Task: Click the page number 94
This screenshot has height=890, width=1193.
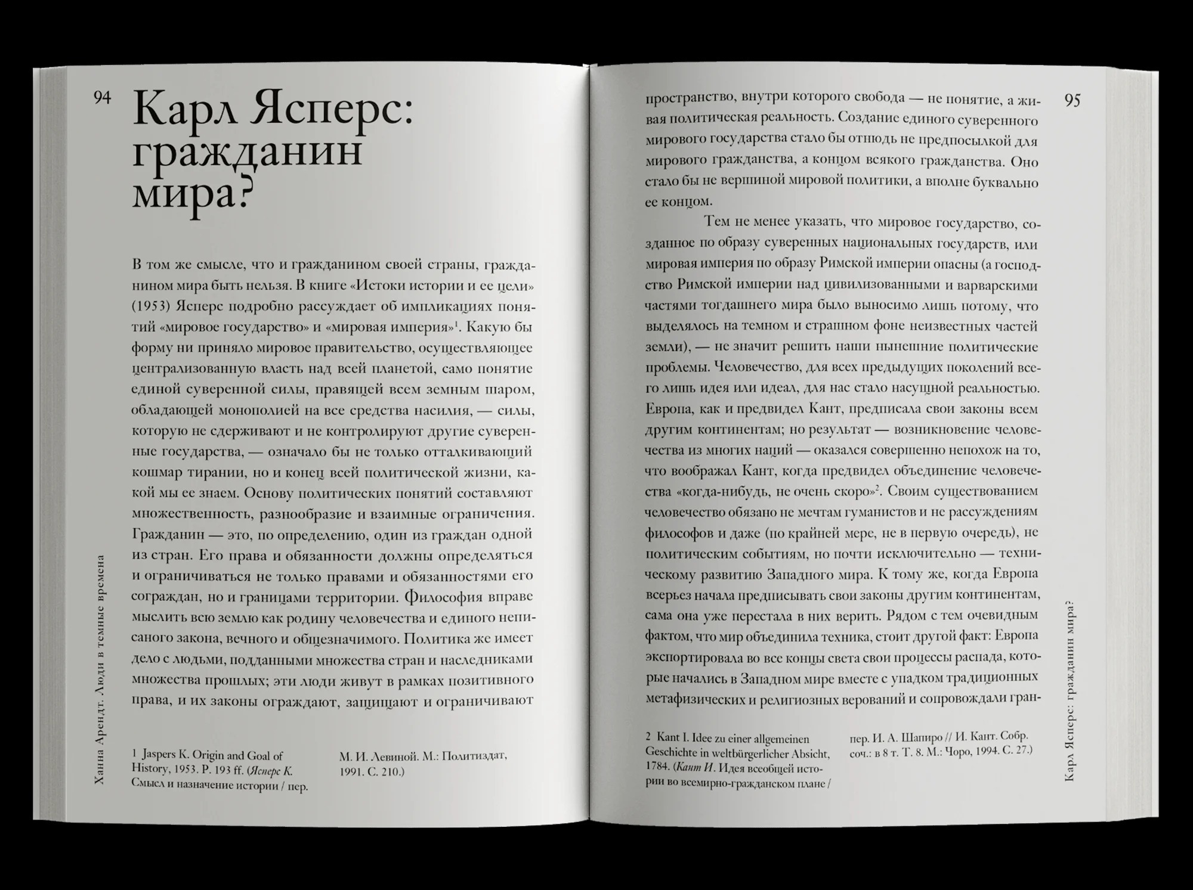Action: point(102,98)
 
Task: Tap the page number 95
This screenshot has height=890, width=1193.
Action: point(1072,101)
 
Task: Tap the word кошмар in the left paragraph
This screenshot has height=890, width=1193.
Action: point(156,473)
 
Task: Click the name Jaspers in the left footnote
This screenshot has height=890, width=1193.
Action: point(162,756)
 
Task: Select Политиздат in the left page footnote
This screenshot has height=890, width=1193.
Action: point(475,756)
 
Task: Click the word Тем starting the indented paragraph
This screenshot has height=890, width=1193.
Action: point(717,222)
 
